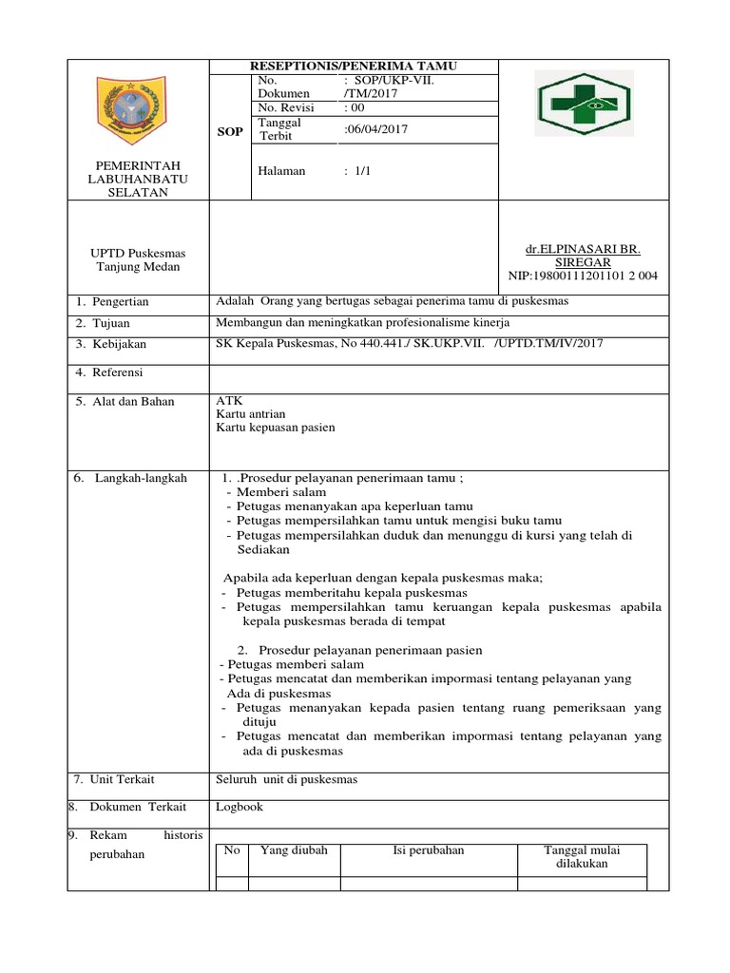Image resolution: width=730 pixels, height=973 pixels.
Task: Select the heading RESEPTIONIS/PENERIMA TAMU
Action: coord(353,66)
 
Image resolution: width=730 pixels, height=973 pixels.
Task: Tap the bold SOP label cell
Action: coord(229,131)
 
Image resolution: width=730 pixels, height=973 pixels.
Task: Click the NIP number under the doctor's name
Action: coord(584,276)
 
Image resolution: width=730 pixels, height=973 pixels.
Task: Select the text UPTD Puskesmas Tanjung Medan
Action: coord(139,259)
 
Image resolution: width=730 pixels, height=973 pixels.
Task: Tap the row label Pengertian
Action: coord(119,302)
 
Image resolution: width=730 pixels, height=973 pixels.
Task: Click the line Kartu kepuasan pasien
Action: coord(276,428)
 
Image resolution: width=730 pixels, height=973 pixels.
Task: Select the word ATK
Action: coord(230,401)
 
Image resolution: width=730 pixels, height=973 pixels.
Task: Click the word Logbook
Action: coord(240,808)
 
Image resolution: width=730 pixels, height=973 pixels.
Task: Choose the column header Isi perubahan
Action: coord(428,850)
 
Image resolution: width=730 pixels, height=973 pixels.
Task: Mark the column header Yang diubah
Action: coord(294,850)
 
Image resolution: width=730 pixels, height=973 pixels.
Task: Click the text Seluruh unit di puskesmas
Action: coord(287,779)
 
